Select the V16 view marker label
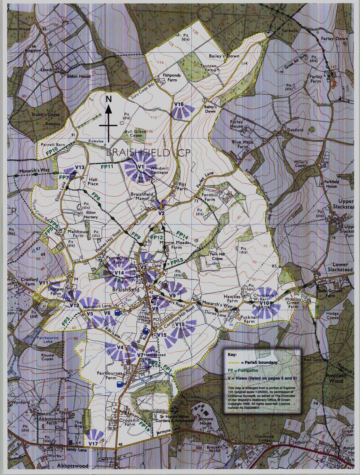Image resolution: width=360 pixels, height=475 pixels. pos(179,104)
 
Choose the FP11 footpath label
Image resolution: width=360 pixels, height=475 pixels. pos(107,167)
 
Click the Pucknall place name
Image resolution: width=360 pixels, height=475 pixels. pos(263,306)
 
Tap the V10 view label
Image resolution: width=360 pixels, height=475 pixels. pos(264,303)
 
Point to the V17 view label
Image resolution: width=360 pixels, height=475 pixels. pos(93,443)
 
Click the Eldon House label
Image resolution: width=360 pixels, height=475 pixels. pos(79,76)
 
